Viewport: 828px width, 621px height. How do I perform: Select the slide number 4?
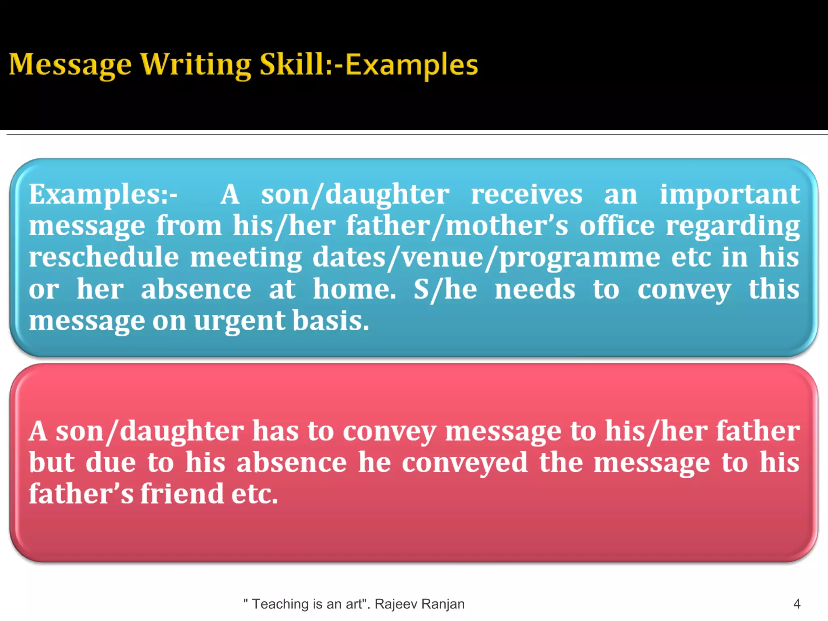(796, 604)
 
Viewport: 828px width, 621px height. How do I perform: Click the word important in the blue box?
(730, 194)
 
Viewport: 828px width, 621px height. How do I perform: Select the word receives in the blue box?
(526, 194)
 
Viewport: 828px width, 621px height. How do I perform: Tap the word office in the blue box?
(617, 226)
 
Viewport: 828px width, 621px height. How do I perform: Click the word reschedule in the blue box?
(103, 257)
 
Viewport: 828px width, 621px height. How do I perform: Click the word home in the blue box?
(354, 289)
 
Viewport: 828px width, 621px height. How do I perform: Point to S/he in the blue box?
(445, 289)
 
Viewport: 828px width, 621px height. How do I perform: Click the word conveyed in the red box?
(465, 463)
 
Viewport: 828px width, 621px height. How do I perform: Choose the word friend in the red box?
(182, 494)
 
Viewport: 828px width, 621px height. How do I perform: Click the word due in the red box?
(110, 462)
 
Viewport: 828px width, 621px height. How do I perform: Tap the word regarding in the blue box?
(733, 226)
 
